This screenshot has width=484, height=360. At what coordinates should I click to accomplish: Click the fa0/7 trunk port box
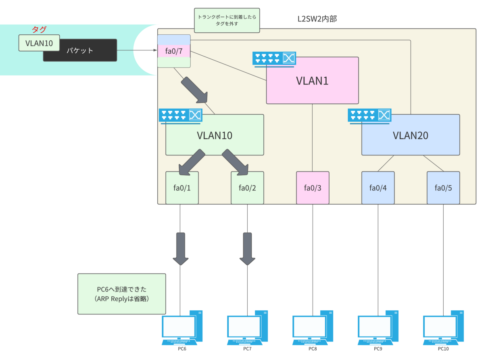(x=173, y=51)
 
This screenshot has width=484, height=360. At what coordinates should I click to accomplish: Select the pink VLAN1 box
(x=312, y=81)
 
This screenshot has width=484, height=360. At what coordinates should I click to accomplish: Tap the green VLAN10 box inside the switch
(x=215, y=136)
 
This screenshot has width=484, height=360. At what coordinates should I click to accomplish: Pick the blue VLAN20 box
(x=410, y=136)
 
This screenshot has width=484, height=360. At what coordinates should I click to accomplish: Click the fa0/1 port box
(x=182, y=188)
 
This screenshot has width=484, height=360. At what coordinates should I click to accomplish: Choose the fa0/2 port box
(x=247, y=188)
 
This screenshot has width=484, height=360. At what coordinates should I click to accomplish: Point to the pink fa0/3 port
(x=313, y=188)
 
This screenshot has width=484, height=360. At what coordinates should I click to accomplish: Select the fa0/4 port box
(x=378, y=188)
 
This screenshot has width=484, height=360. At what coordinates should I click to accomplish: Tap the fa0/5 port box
(x=443, y=188)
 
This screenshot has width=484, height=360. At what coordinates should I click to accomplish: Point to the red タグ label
(x=39, y=29)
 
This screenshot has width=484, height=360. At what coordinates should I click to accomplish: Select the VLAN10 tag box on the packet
(x=39, y=43)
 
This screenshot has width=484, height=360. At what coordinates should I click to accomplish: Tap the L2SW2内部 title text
(x=316, y=19)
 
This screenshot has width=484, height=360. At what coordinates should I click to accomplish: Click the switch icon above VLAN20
(x=369, y=115)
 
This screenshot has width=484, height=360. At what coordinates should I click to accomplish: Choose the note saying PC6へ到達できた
(x=121, y=294)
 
